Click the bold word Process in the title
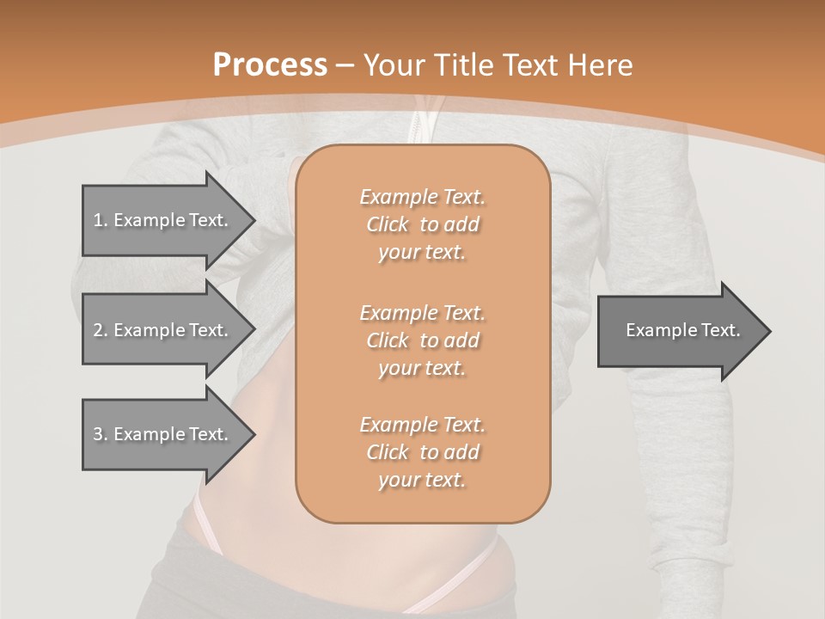(270, 65)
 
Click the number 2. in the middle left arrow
(101, 330)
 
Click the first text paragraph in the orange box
(422, 224)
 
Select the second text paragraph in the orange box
(422, 340)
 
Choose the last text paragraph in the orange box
(422, 452)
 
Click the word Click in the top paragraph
(388, 224)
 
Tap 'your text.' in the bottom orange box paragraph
(422, 480)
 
